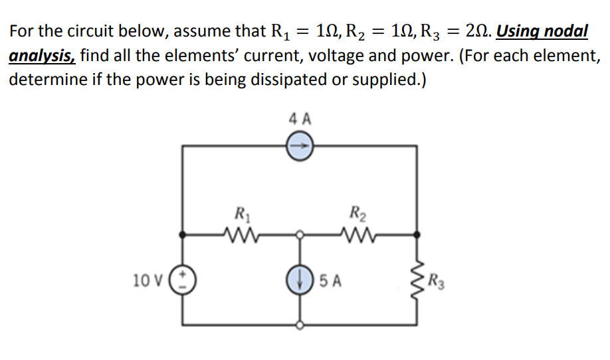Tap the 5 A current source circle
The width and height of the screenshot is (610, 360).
[300, 280]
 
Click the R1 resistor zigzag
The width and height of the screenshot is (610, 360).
[237, 234]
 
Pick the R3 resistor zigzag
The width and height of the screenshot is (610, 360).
[417, 280]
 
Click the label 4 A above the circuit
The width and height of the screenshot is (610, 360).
[300, 120]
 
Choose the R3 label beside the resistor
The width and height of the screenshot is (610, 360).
[437, 280]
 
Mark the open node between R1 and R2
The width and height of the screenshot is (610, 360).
[300, 234]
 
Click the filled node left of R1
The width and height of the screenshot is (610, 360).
[183, 234]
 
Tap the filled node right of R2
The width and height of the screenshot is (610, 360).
[417, 234]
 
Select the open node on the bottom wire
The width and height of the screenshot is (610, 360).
[300, 325]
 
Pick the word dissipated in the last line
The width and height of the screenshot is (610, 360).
[300, 80]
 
